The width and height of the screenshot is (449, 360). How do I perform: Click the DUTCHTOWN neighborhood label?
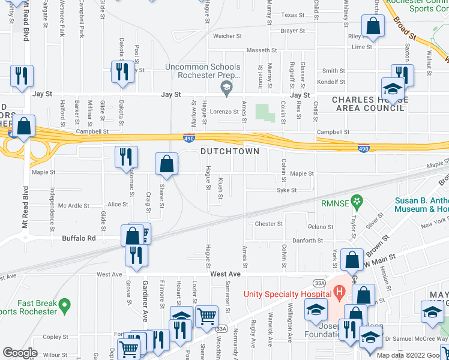pos(230,151)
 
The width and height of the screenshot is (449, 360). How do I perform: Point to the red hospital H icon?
pos(340,293)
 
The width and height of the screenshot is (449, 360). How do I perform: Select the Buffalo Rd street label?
pos(79,238)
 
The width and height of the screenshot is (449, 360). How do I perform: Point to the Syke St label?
pos(287,191)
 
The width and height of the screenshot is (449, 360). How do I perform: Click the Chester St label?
pos(268,224)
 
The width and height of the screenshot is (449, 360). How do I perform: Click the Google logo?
pos(20,353)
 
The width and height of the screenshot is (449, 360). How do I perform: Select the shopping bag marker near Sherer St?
pos(166,164)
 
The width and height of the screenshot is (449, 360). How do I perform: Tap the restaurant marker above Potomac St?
pos(126,158)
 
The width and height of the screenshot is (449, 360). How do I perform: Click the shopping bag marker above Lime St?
pos(373,26)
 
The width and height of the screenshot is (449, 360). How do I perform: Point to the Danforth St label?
pos(307,241)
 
